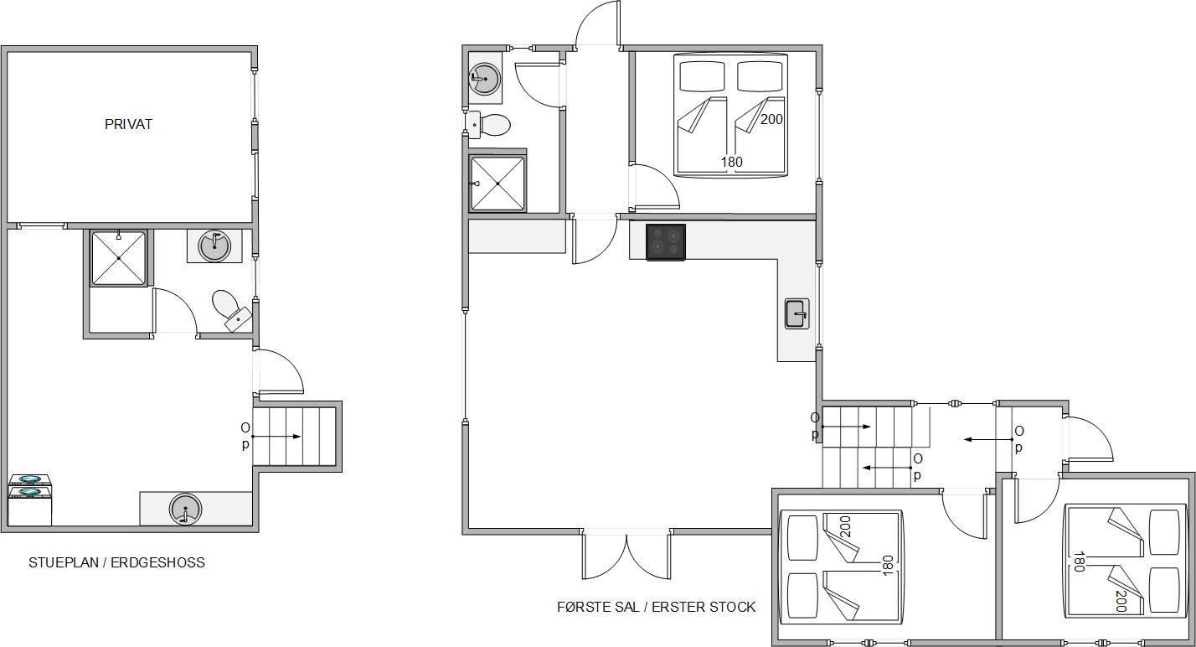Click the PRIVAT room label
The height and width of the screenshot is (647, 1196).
point(128,125)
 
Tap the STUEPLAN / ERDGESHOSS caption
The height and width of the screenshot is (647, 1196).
point(116,562)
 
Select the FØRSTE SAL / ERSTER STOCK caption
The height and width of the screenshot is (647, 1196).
point(656,607)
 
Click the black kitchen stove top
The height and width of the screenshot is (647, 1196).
point(666,242)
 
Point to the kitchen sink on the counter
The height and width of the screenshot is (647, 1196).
point(796,313)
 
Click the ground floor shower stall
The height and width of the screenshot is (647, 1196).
point(118,258)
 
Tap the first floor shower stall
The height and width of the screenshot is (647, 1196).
point(497,184)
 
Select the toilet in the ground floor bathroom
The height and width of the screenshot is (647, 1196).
point(231,310)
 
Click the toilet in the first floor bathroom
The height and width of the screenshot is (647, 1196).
point(488,125)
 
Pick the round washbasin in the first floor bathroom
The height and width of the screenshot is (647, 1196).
point(484,79)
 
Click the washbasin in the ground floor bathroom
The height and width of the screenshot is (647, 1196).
point(214,246)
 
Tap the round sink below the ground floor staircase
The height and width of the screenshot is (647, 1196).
point(185,509)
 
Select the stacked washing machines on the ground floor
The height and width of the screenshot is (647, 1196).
point(30,499)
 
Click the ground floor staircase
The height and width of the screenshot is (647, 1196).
point(294,437)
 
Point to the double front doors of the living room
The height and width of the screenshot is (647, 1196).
point(626,556)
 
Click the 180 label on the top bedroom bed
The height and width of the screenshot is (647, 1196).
point(731,162)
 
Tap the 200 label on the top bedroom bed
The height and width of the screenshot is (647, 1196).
point(771,119)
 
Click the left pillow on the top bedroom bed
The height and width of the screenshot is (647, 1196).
point(702,76)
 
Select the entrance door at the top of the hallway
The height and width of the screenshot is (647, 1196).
point(598,24)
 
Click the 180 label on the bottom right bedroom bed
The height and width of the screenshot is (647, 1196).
point(1079,562)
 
